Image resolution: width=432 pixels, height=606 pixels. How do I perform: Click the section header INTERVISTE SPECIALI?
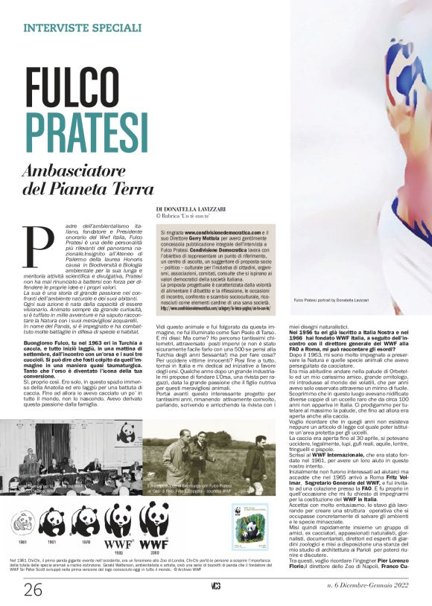83,28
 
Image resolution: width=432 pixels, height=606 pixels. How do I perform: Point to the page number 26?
34,590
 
